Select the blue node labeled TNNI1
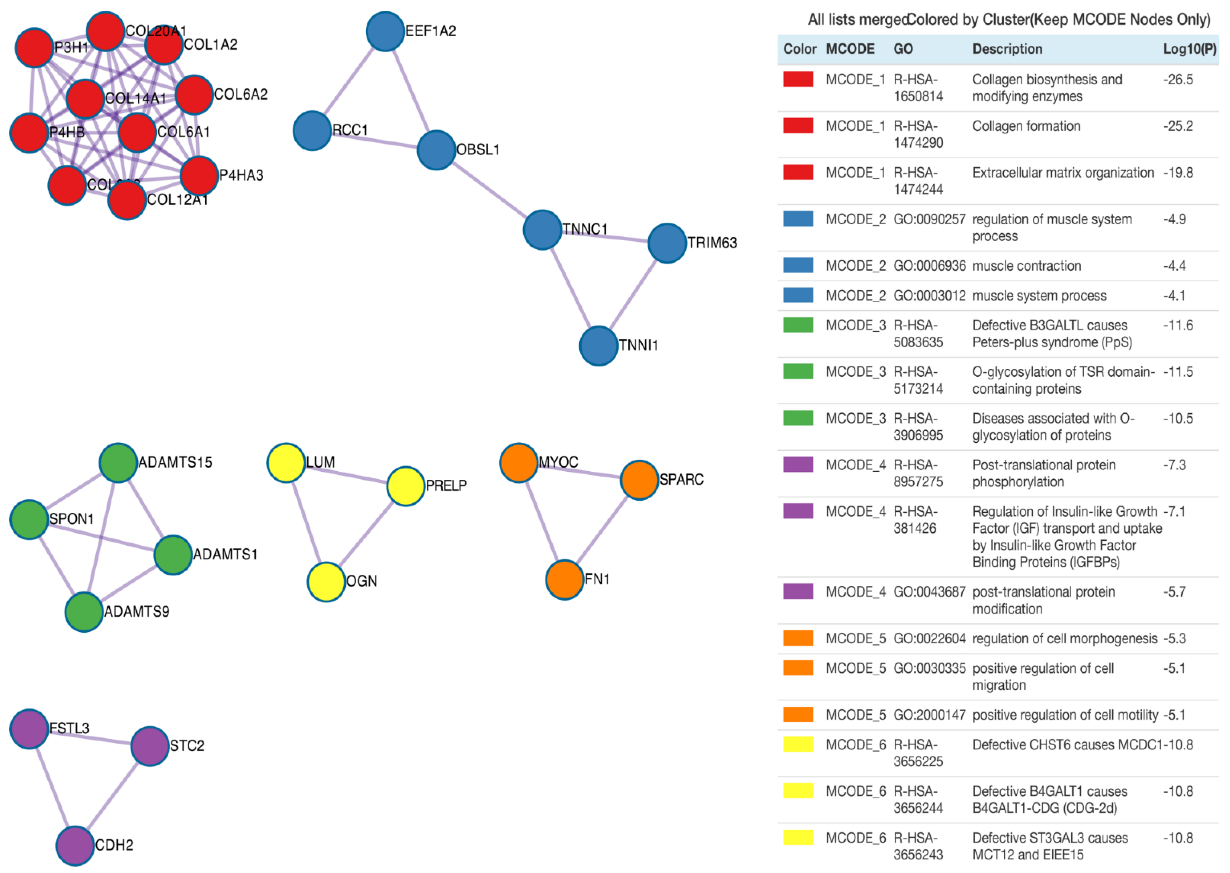(x=598, y=346)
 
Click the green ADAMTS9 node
(x=84, y=612)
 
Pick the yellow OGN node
(x=326, y=582)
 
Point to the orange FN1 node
(x=564, y=579)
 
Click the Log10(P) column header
(x=1189, y=49)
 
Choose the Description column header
(x=1007, y=49)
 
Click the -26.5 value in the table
(x=1177, y=80)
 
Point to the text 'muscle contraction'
(x=1026, y=266)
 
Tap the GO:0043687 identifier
(x=929, y=592)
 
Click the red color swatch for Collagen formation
(x=798, y=126)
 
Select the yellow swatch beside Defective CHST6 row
(x=798, y=744)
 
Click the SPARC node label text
(x=681, y=479)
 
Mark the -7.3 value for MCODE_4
(x=1174, y=465)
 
